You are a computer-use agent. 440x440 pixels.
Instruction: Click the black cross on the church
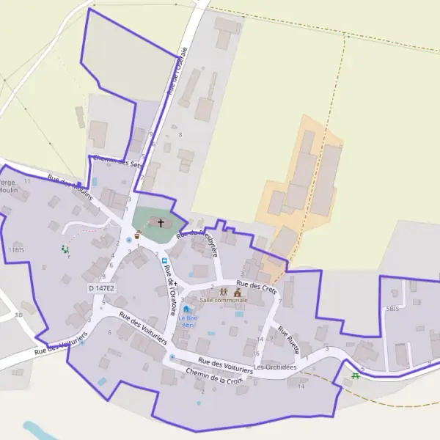click(x=161, y=221)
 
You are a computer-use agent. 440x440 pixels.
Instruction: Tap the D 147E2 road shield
click(x=101, y=289)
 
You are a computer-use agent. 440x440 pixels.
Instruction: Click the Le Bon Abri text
click(x=187, y=321)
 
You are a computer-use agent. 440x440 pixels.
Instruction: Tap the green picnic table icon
click(x=356, y=375)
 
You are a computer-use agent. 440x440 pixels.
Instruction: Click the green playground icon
click(x=65, y=249)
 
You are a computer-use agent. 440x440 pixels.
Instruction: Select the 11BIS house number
click(x=16, y=250)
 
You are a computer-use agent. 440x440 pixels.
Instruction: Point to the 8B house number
click(x=19, y=315)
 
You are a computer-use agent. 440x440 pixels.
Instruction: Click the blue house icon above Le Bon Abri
click(x=186, y=309)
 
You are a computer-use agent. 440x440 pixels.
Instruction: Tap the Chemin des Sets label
click(x=114, y=164)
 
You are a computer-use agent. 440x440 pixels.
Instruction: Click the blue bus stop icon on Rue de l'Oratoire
click(x=165, y=260)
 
